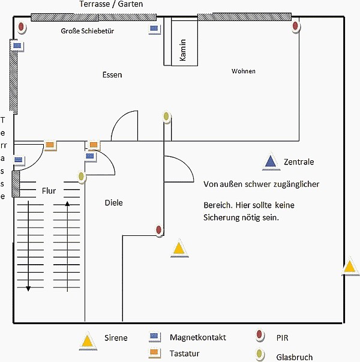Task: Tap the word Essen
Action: pos(112,75)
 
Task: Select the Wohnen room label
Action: pos(244,71)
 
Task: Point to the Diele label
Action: pos(113,203)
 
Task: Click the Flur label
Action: pos(49,192)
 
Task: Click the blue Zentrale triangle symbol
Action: pos(271,161)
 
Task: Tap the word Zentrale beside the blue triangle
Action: pos(299,162)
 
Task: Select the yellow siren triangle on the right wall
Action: pos(350,267)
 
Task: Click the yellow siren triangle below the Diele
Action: pos(178,249)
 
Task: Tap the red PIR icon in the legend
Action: pos(260,336)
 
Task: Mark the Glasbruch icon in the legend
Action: pos(260,355)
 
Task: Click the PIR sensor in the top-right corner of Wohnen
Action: pos(295,26)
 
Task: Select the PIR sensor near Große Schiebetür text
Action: pos(22,27)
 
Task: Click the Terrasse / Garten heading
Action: pos(111,4)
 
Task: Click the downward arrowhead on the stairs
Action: pos(28,289)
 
